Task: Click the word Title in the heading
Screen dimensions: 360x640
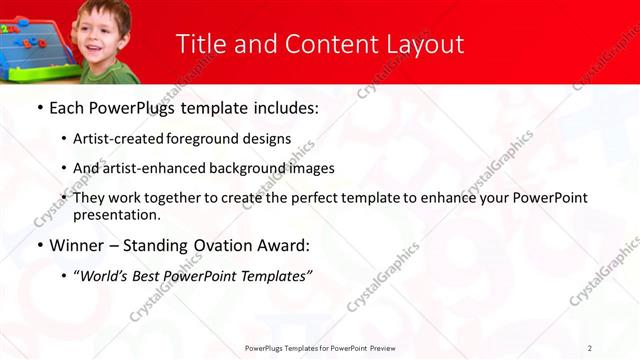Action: click(198, 44)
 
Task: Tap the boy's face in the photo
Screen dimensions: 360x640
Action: click(104, 37)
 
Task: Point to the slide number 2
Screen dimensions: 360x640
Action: click(590, 347)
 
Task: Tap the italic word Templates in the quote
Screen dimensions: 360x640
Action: click(272, 275)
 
